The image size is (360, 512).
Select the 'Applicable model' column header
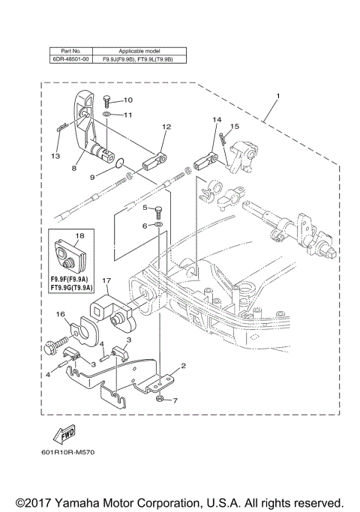point(136,48)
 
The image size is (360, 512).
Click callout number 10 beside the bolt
point(127,100)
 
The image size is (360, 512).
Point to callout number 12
point(166,127)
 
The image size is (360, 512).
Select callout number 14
point(217,120)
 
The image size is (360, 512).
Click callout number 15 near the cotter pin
point(235,127)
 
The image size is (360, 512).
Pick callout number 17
point(106,283)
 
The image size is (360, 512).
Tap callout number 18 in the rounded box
point(78,235)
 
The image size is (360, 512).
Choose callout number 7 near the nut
point(175,401)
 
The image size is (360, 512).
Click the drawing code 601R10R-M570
point(69,453)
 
